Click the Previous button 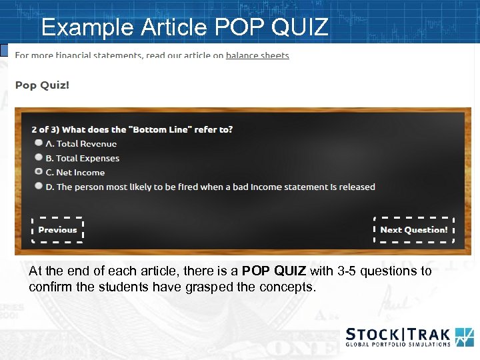pyautogui.click(x=57, y=230)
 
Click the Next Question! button pyautogui.click(x=413, y=230)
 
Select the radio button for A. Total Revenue pyautogui.click(x=39, y=143)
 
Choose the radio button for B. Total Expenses pyautogui.click(x=39, y=158)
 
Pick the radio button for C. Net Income pyautogui.click(x=39, y=172)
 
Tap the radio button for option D pyautogui.click(x=39, y=187)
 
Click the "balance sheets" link pyautogui.click(x=257, y=55)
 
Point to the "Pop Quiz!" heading pyautogui.click(x=42, y=85)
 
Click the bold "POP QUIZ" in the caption pyautogui.click(x=274, y=271)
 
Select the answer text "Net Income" pyautogui.click(x=80, y=173)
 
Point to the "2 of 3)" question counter pyautogui.click(x=45, y=129)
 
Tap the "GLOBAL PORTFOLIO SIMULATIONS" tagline pyautogui.click(x=398, y=345)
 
